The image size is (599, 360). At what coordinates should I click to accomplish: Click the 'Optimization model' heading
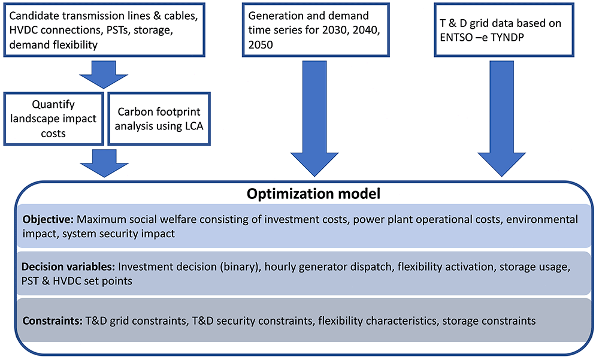pyautogui.click(x=314, y=193)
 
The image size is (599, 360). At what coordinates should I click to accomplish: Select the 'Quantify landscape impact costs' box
pyautogui.click(x=53, y=119)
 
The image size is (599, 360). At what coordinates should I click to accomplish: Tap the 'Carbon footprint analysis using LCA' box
pyautogui.click(x=159, y=119)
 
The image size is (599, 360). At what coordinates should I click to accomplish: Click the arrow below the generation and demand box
pyautogui.click(x=314, y=119)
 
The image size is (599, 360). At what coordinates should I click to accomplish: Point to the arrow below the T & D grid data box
pyautogui.click(x=501, y=119)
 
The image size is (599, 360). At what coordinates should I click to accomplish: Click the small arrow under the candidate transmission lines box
pyautogui.click(x=104, y=75)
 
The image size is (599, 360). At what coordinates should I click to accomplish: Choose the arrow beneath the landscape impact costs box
pyautogui.click(x=104, y=164)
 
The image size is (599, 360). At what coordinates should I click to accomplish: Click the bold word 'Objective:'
pyautogui.click(x=48, y=219)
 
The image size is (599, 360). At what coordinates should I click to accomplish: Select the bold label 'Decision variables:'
pyautogui.click(x=68, y=267)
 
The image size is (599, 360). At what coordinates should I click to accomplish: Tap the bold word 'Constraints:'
pyautogui.click(x=52, y=320)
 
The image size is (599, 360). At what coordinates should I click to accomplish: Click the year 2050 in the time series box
pyautogui.click(x=261, y=45)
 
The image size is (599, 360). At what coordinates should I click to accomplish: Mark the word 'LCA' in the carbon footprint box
pyautogui.click(x=192, y=126)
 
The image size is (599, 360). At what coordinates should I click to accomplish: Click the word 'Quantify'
pyautogui.click(x=53, y=104)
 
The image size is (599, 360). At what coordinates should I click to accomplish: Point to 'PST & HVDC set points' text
pyautogui.click(x=77, y=281)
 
